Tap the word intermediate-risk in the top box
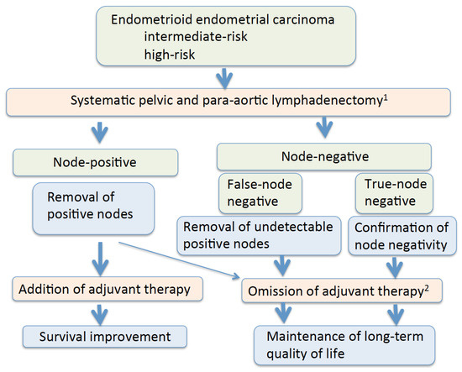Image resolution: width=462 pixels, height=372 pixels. [200, 37]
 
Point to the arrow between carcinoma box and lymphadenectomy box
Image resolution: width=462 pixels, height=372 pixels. [224, 78]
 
